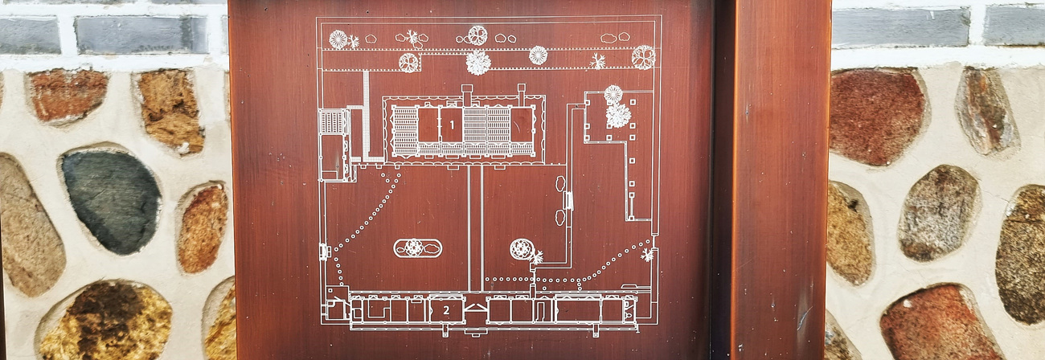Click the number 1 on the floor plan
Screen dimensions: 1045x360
[452, 125]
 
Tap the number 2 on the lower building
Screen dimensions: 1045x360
[445, 309]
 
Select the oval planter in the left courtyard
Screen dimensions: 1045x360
[417, 248]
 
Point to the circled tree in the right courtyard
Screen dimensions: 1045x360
[521, 249]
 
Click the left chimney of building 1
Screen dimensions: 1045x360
[467, 95]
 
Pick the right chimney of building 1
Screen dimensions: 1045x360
[521, 94]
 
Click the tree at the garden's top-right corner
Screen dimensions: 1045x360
[642, 56]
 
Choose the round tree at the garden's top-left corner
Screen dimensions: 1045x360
[338, 39]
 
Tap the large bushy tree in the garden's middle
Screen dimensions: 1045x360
[478, 63]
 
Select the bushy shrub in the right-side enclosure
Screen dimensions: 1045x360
[617, 116]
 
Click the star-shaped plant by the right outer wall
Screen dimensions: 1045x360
[646, 255]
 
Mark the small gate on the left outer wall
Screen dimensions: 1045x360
[323, 252]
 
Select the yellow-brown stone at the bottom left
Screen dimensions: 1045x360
[106, 321]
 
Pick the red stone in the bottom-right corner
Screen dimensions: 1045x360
[936, 325]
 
